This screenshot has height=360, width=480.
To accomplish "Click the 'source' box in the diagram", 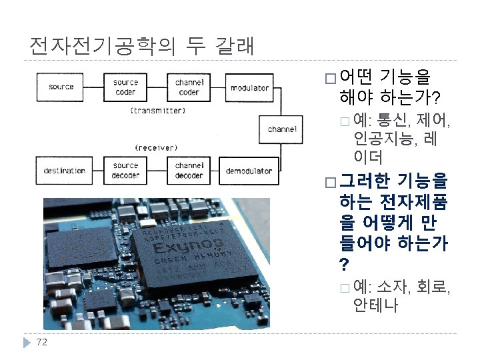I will pos(61,87).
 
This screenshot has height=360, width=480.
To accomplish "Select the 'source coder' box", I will pos(125,87).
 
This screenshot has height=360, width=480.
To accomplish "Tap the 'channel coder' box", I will pos(190,87).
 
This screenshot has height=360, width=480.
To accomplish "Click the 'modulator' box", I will pos(249,87).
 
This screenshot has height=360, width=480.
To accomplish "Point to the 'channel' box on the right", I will pos(282,129).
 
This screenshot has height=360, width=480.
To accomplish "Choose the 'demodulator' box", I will pos(249,171).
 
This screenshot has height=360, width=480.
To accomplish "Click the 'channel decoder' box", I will pos(189,170).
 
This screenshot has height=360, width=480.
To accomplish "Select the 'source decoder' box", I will pos(125,170).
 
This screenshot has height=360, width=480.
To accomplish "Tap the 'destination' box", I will pos(65,171).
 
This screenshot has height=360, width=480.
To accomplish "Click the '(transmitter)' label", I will pos(157,109).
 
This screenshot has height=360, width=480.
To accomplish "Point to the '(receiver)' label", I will pos(156,147).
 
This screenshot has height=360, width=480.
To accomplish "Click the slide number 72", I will pos(41,343).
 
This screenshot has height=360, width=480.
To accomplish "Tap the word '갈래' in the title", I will pos(233,45).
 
